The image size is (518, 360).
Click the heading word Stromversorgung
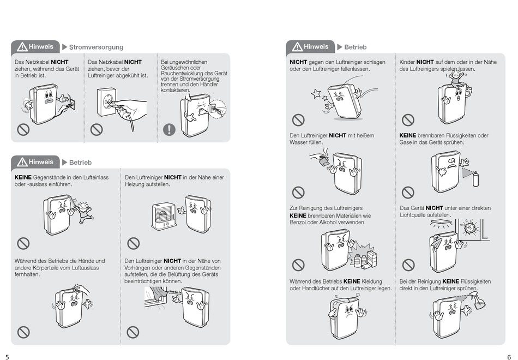(x=96, y=47)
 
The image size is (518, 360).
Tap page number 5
(x=8, y=356)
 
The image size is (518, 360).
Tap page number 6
(x=509, y=356)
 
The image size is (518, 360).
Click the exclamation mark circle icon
(x=170, y=129)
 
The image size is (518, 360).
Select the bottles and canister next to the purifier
(x=365, y=258)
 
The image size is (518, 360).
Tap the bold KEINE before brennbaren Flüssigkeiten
(x=408, y=135)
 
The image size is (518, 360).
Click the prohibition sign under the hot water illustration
(x=298, y=192)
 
